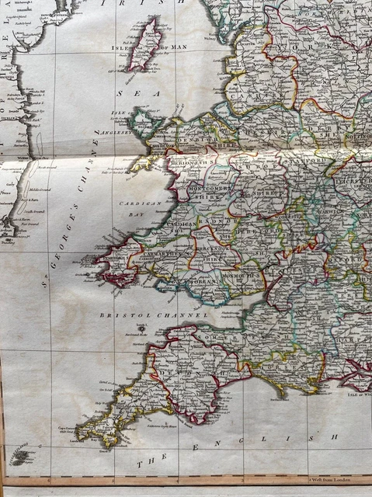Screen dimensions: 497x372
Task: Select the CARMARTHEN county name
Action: [165, 254]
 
